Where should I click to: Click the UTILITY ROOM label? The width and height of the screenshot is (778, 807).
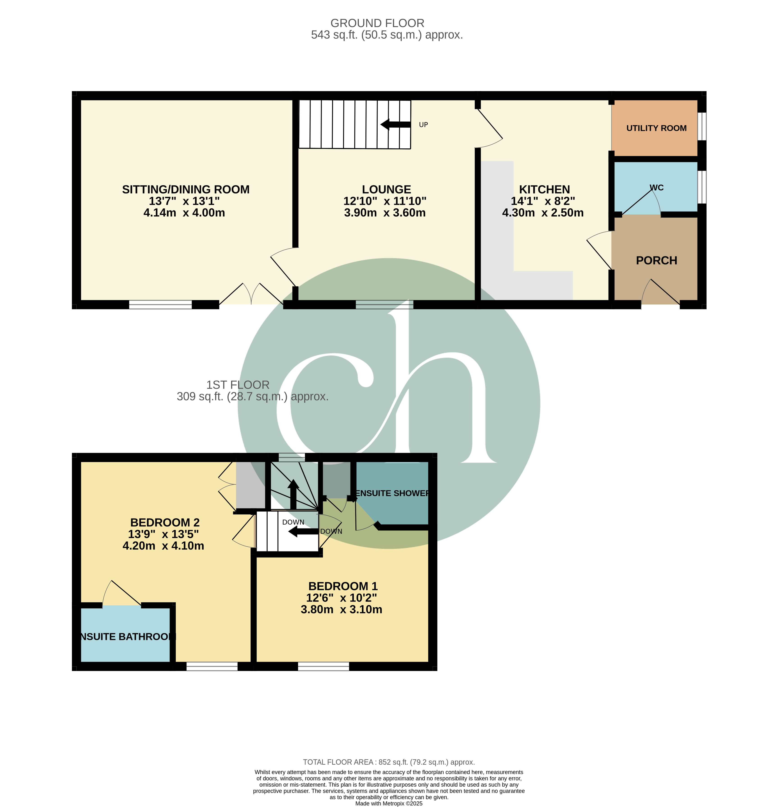[x=656, y=128]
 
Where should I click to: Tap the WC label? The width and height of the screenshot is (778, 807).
[x=656, y=188]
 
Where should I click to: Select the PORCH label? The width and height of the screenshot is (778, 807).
[x=656, y=261]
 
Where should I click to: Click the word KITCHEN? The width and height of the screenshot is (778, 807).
[x=544, y=189]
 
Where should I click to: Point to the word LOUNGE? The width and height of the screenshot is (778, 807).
[x=386, y=189]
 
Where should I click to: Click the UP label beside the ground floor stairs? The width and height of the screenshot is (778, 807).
[x=423, y=125]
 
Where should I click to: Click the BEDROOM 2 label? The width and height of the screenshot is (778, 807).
[x=165, y=523]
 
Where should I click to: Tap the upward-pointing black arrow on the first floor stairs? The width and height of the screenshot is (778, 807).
[x=293, y=494]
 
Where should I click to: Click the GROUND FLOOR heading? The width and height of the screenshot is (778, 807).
[x=377, y=23]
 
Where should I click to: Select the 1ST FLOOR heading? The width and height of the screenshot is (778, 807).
[x=238, y=385]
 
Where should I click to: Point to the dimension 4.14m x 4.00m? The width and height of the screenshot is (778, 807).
[x=184, y=213]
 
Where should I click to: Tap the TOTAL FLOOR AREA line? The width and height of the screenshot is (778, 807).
[x=389, y=762]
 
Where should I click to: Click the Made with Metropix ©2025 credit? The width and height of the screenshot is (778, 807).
[x=389, y=803]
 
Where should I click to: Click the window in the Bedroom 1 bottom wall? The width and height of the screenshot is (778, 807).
[x=324, y=666]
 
